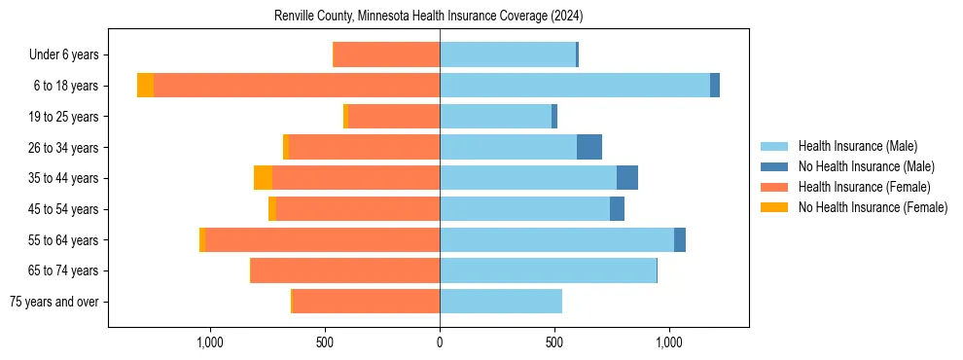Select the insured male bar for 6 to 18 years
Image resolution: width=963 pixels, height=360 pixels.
coord(574,86)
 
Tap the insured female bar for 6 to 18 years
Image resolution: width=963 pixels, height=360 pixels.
coord(297,86)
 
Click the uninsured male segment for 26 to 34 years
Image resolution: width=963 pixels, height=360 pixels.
coord(589,147)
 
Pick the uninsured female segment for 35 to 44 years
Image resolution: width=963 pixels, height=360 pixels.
coord(263,178)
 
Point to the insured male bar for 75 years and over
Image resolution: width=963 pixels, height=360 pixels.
coord(501,302)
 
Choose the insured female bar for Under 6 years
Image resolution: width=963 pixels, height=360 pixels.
coord(386,54)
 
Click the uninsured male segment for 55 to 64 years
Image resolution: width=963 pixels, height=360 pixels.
coord(680,239)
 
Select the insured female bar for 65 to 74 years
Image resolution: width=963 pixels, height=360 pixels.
coord(345,270)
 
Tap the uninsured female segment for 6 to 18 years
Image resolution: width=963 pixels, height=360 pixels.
coord(145,86)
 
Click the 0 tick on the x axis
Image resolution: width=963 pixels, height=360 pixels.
coord(440,342)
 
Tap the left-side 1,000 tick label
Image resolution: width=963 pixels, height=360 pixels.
coord(210,342)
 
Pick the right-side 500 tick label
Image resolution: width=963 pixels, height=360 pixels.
coord(554,342)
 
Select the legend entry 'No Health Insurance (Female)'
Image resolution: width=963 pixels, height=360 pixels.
coord(873,207)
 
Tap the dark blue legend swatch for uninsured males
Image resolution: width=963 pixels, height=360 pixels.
coord(774,166)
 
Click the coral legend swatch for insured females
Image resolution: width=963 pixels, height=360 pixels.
coord(774,187)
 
